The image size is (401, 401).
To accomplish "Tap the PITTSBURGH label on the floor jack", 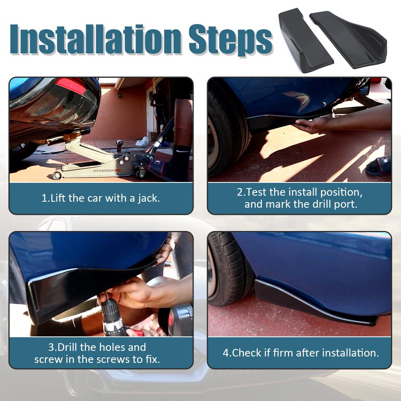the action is pyautogui.click(x=103, y=170).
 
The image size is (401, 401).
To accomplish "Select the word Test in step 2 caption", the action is pyautogui.click(x=256, y=192).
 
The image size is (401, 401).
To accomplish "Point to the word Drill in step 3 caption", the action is pyautogui.click(x=67, y=347).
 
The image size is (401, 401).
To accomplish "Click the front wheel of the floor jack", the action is pyautogui.click(x=57, y=175).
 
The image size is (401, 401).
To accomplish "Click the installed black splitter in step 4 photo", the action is pyautogui.click(x=314, y=302).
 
